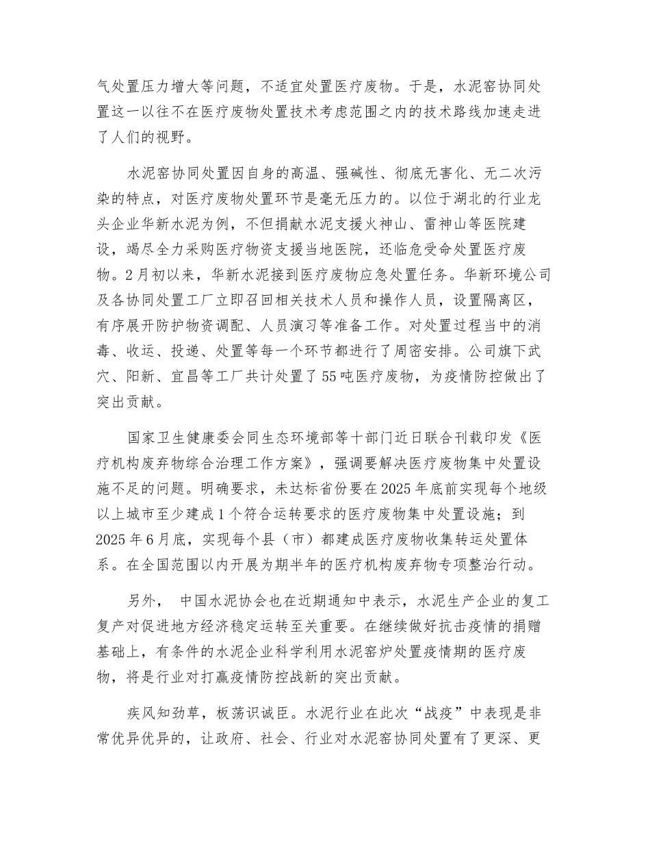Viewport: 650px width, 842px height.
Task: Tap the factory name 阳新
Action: [x=145, y=374]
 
